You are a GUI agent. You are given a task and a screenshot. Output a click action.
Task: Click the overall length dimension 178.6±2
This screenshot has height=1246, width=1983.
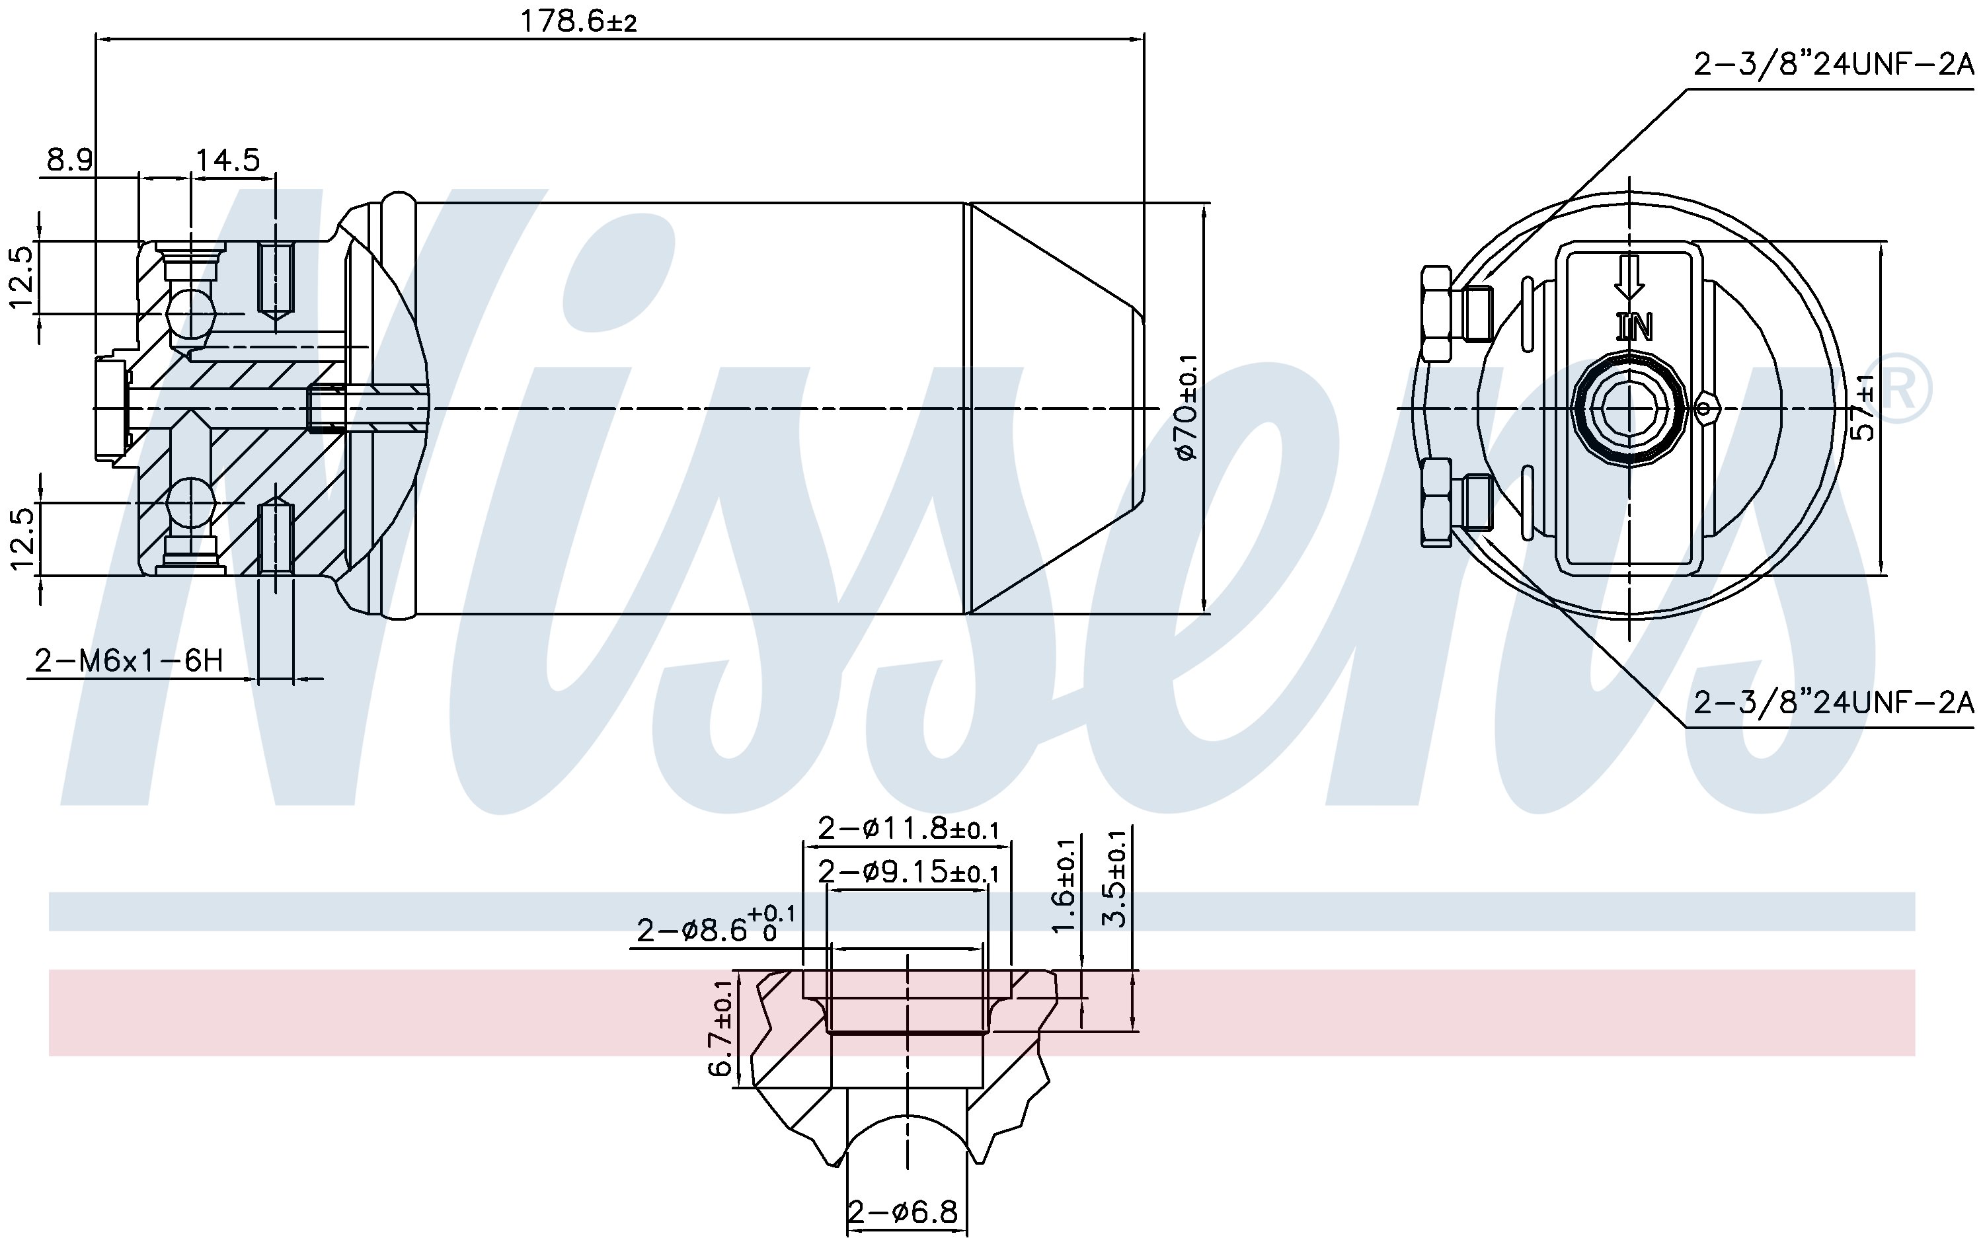click(x=578, y=20)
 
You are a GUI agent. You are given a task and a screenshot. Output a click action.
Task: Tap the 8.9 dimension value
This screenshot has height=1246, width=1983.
click(x=69, y=159)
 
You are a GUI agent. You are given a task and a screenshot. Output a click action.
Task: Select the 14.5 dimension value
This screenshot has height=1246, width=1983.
click(x=227, y=159)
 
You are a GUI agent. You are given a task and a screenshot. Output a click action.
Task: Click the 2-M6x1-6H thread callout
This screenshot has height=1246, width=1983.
click(x=128, y=660)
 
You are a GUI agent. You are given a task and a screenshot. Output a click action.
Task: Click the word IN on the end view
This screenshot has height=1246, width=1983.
click(x=1634, y=328)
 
